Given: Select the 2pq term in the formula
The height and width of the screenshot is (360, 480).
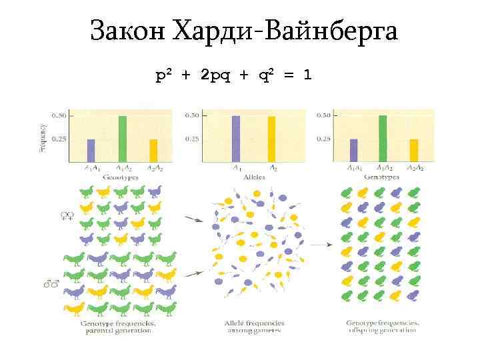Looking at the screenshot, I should (219, 75).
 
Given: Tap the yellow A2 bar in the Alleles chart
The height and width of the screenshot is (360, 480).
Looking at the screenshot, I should (271, 139).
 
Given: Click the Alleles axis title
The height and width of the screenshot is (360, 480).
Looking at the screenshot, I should (253, 177).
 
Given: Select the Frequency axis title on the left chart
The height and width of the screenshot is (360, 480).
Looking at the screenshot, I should (43, 137).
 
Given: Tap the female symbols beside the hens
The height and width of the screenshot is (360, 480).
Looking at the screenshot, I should (67, 215).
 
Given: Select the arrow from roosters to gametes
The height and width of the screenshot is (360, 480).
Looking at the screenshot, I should (194, 273).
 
